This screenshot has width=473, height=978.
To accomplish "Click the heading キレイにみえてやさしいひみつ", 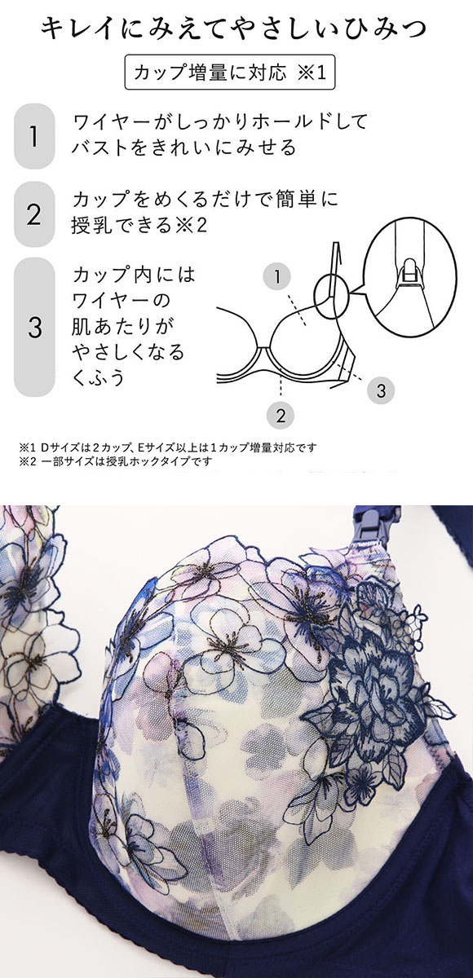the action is coord(233,29).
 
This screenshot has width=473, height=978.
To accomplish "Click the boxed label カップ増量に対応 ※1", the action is coord(230,72).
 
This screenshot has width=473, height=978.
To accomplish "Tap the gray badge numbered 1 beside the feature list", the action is coord(34,136).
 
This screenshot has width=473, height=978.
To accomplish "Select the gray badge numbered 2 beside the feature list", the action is coord(34,214).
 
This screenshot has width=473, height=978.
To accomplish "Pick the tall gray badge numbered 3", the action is coord(34,327).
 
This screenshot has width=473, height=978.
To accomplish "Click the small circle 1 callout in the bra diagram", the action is coord(277,276).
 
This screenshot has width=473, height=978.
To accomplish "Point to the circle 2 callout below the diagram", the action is coord(281,414).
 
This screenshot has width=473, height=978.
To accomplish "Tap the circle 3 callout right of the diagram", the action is coord(381,390).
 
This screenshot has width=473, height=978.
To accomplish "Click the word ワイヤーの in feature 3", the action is coord(121,301).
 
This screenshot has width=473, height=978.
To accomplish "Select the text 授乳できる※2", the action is coord(139,225).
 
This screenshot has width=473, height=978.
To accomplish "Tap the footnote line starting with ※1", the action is coord(168,447).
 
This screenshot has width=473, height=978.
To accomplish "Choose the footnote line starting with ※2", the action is coord(115,461).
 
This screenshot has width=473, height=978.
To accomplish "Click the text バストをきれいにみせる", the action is coord(183,147).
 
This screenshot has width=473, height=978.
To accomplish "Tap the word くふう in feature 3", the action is coord(99,377).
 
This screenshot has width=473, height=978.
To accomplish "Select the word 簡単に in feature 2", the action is coord(307,200).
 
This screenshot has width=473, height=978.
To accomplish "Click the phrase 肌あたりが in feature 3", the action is coord(123,326).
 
